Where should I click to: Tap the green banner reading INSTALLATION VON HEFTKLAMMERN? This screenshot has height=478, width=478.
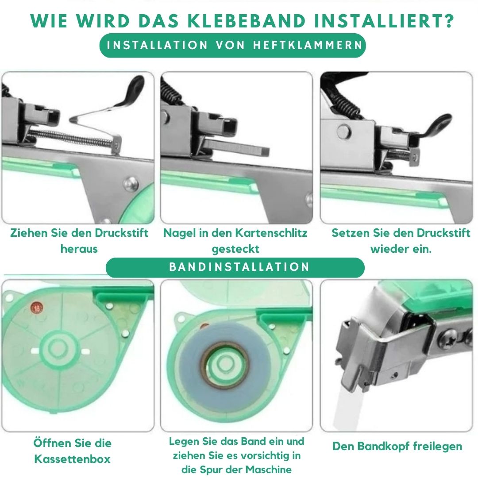232,45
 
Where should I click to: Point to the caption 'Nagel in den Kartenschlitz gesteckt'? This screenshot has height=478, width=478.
235,240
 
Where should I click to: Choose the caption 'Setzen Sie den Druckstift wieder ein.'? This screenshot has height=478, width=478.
401,240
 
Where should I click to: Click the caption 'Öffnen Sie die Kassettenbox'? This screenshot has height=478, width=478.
72,451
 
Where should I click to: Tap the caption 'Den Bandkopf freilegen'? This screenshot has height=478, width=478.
397,446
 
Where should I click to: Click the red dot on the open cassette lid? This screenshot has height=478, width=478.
35,307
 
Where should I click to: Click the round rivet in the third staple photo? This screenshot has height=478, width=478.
341,132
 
